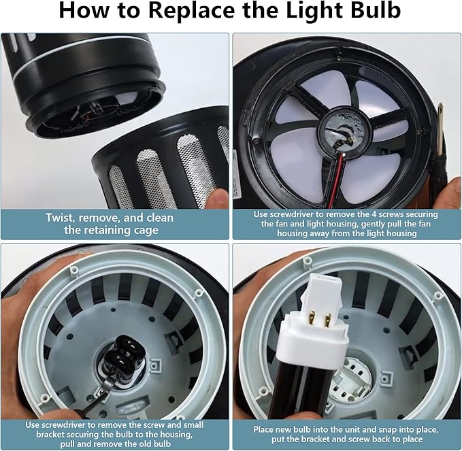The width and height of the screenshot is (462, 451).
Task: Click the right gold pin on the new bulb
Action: pos(327,322)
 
